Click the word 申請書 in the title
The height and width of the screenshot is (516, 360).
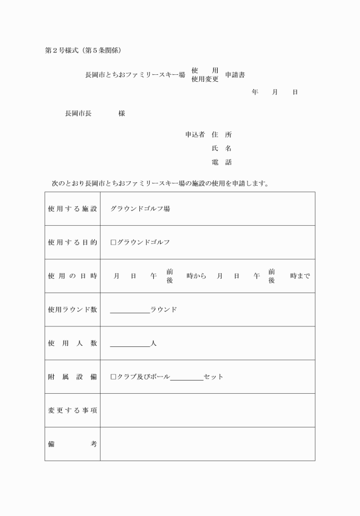(x=235, y=75)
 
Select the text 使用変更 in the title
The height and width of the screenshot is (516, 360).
(x=205, y=79)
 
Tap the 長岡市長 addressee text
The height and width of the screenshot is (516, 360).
(x=78, y=113)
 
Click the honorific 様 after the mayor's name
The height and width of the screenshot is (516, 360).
(x=122, y=113)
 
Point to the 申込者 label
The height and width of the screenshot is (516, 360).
(x=195, y=135)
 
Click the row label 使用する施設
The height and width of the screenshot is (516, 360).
(x=72, y=209)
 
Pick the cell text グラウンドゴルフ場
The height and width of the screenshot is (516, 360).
(x=140, y=209)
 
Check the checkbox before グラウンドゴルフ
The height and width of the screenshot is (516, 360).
(x=113, y=242)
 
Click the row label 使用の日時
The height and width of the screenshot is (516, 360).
(x=72, y=276)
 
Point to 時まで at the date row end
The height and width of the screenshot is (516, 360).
(x=300, y=276)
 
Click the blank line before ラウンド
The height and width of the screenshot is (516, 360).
(x=130, y=311)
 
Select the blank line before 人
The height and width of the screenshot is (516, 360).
(x=130, y=345)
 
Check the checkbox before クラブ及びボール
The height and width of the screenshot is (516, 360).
(x=113, y=377)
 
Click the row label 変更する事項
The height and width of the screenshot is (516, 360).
(x=72, y=410)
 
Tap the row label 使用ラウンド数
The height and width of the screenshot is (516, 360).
(x=72, y=310)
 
